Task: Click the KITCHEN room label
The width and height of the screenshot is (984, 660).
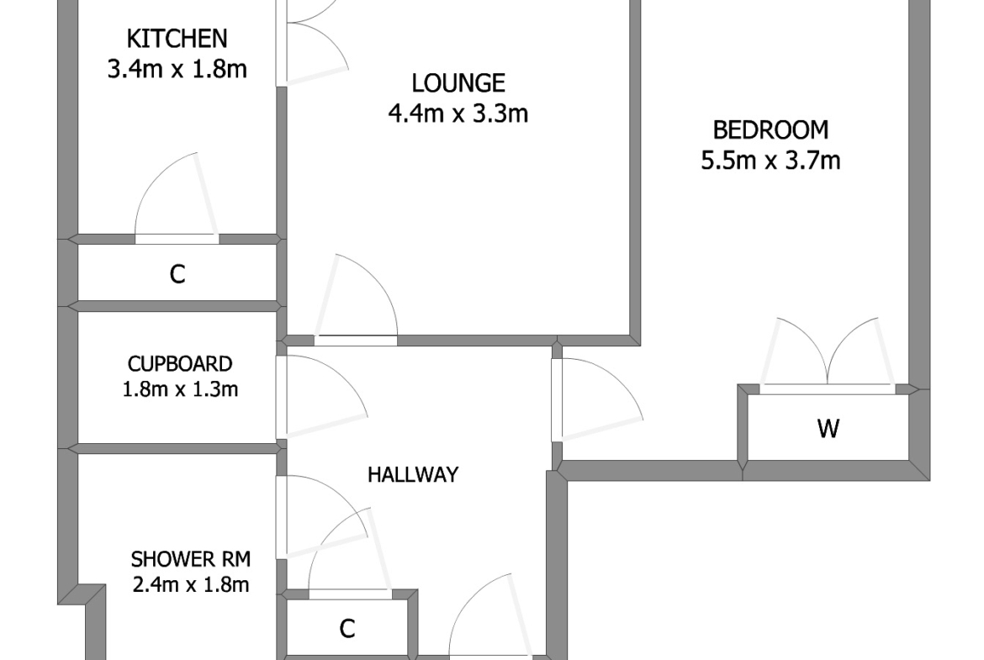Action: tap(177, 39)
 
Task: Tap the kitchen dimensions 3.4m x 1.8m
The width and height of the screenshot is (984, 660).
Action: tap(177, 69)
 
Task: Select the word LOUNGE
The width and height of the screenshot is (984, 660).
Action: tap(458, 82)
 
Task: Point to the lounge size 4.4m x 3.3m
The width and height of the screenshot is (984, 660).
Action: tap(458, 114)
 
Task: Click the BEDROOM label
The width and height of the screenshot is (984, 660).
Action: tap(770, 129)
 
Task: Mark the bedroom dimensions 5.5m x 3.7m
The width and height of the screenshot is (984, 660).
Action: tap(770, 161)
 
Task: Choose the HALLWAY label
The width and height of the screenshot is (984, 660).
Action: tap(413, 474)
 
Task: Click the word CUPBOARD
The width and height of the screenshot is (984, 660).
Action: tap(180, 364)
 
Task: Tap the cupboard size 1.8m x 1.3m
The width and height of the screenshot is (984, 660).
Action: tap(180, 389)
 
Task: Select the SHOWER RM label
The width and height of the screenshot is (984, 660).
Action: tap(191, 558)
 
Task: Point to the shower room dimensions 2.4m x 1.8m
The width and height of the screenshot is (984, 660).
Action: tap(191, 584)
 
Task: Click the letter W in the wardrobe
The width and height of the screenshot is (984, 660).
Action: tap(828, 429)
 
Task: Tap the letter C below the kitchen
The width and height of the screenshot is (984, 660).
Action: tap(177, 274)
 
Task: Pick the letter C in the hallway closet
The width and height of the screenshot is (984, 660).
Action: tap(347, 628)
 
